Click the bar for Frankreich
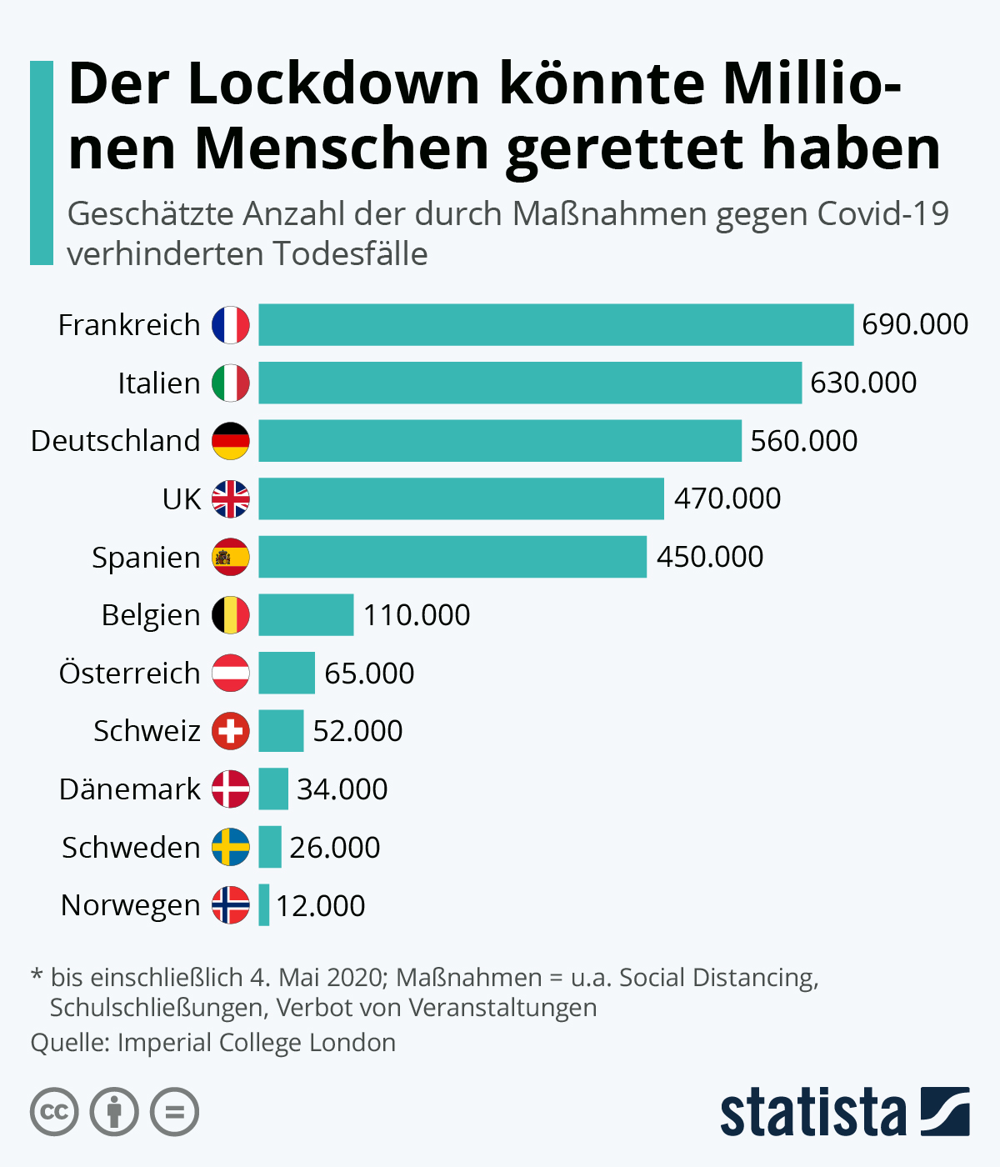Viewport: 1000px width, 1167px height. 556,324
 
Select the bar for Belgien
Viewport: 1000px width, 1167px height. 306,615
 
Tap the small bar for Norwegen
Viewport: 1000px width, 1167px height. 263,905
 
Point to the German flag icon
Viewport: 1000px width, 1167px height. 231,441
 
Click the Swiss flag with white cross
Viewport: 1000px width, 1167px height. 231,731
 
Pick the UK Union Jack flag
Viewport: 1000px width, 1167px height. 231,499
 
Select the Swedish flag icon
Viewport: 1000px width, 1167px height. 231,847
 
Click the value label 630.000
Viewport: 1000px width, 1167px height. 863,383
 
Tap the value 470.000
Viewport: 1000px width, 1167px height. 727,498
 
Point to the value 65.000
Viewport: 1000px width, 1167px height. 369,674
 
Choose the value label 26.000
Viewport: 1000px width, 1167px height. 335,848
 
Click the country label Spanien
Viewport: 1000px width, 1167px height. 146,558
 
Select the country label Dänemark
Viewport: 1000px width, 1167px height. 130,789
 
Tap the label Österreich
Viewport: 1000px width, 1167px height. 130,673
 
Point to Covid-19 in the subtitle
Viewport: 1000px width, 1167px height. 882,214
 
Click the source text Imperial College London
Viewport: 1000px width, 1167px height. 257,1043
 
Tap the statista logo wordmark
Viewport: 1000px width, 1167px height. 812,1113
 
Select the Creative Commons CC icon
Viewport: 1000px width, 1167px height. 54,1112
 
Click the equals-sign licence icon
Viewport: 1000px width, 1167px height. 174,1112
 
